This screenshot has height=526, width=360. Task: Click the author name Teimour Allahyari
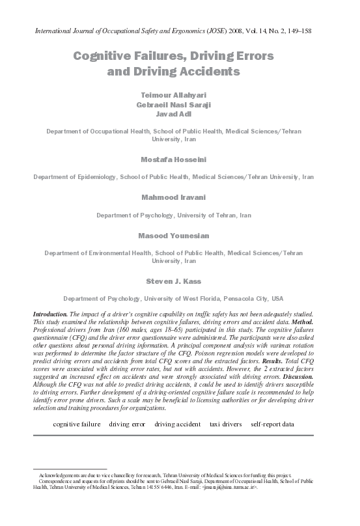point(180,94)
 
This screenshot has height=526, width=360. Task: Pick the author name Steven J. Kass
point(180,281)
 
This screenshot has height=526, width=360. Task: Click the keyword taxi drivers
point(225,424)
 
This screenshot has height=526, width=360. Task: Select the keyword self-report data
point(272,424)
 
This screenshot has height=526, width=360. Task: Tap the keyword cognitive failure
point(77,424)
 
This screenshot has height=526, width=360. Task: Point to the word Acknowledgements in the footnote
point(62,477)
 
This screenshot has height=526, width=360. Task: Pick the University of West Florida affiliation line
point(180,299)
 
